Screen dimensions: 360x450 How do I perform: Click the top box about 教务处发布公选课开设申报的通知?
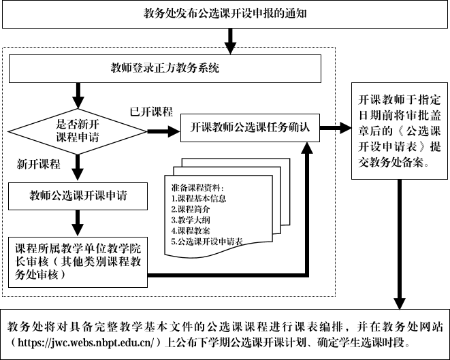[x=225, y=14]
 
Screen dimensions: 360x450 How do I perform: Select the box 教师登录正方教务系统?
[x=164, y=69]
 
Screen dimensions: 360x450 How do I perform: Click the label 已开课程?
[x=151, y=111]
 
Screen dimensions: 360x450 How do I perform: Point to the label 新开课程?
[x=39, y=165]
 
